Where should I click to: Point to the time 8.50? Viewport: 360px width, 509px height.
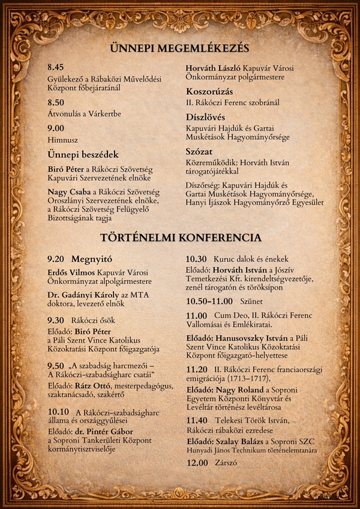tap(56, 103)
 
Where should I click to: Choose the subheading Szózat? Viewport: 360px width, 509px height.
tap(200, 151)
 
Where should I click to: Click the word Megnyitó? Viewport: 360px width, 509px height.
tap(92, 259)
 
